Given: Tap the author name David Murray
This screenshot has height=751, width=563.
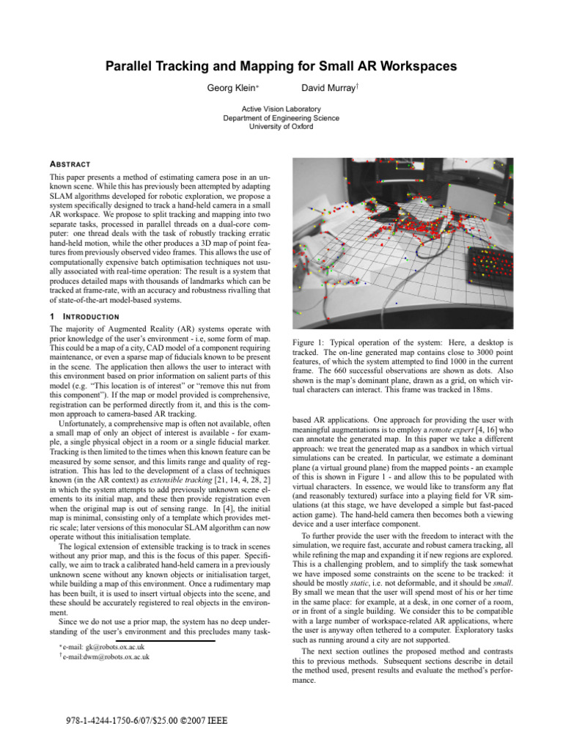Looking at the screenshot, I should pyautogui.click(x=329, y=88).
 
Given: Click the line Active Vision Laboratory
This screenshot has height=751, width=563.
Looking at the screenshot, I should pyautogui.click(x=281, y=109).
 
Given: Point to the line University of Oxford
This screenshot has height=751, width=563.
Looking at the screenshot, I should pyautogui.click(x=281, y=126).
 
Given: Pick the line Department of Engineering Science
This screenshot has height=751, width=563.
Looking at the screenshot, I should pyautogui.click(x=281, y=117).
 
